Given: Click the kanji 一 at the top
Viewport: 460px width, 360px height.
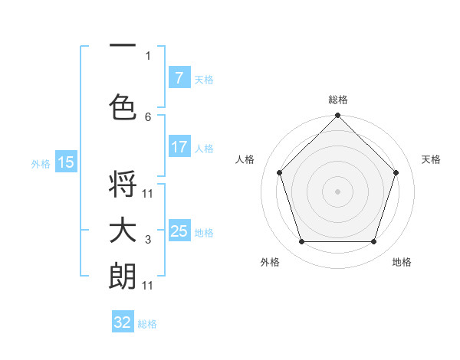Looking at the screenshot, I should tap(123, 46).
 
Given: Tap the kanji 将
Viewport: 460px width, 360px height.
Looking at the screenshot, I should tap(123, 185).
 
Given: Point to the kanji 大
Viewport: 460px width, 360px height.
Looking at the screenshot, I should tap(123, 231).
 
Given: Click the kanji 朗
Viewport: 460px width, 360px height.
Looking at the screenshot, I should tap(123, 275).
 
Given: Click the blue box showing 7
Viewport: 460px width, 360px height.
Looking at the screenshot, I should tap(179, 78).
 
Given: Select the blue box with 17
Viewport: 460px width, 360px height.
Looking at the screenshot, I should tap(179, 147).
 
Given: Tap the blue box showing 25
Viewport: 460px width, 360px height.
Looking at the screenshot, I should tap(179, 231).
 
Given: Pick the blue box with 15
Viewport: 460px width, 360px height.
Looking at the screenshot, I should tap(66, 162).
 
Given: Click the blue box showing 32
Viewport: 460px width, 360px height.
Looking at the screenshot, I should tap(123, 322).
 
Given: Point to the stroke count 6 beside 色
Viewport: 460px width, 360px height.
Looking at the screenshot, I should tap(148, 116).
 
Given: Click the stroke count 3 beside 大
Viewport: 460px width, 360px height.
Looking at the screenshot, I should tap(148, 241).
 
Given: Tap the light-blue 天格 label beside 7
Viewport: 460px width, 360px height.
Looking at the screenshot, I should tap(204, 79).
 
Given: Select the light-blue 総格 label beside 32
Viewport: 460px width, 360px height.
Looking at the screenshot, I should tap(147, 324).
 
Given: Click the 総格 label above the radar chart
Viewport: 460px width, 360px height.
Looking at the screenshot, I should tap(337, 100).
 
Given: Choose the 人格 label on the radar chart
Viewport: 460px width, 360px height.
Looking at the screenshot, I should tap(245, 159).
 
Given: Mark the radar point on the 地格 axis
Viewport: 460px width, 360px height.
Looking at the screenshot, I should tap(373, 241).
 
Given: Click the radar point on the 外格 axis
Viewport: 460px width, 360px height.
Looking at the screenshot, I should tap(301, 241).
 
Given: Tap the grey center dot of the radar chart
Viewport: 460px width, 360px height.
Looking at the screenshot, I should tap(337, 191).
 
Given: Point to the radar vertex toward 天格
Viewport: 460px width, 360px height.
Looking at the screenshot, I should tap(396, 172).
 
